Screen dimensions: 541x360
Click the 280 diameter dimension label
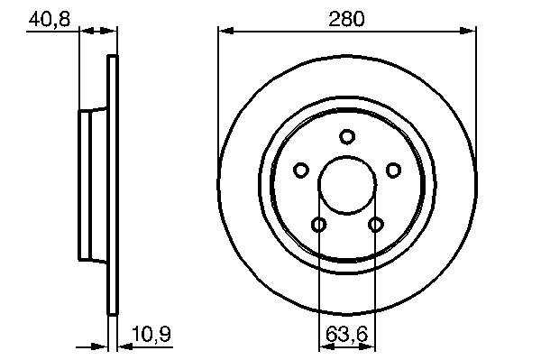click(346, 19)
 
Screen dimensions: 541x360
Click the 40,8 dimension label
click(50, 19)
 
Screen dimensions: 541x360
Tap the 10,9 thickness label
click(151, 334)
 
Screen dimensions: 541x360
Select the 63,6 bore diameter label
click(346, 334)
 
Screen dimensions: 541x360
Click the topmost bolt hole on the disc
click(347, 136)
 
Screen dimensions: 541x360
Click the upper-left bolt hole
click(301, 170)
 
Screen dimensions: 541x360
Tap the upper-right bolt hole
click(393, 170)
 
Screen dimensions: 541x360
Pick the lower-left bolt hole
click(319, 225)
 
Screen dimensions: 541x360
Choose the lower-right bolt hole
click(376, 225)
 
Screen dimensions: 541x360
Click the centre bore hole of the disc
click(347, 184)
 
